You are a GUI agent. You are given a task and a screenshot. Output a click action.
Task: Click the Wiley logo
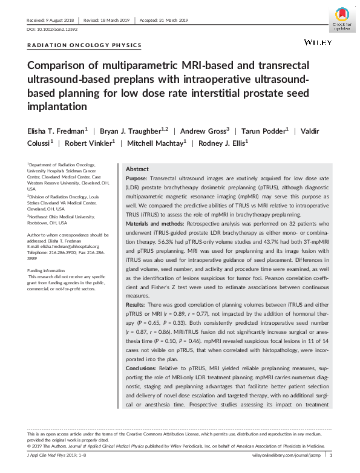[317, 44]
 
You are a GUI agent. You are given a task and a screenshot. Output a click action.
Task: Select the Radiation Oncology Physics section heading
[85, 45]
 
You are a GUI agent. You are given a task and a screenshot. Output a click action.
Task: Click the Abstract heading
[136, 169]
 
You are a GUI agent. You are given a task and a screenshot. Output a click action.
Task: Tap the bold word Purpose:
[137, 180]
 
